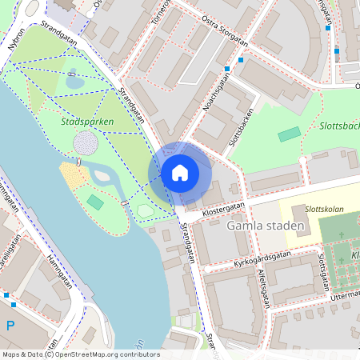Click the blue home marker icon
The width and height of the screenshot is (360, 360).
coord(180,172)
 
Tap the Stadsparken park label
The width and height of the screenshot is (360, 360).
coord(86,122)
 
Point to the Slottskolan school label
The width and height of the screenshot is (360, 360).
coord(324,210)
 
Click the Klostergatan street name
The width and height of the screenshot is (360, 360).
coord(212,207)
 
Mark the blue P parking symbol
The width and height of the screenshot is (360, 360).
coord(10,325)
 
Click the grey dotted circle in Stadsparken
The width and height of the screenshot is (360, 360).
coord(86,143)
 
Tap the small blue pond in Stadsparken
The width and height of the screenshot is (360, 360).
coord(75,82)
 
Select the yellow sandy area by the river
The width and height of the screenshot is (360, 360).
coord(74,175)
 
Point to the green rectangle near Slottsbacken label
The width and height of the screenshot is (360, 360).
coord(289,134)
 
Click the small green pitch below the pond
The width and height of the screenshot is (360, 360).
coord(95,202)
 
